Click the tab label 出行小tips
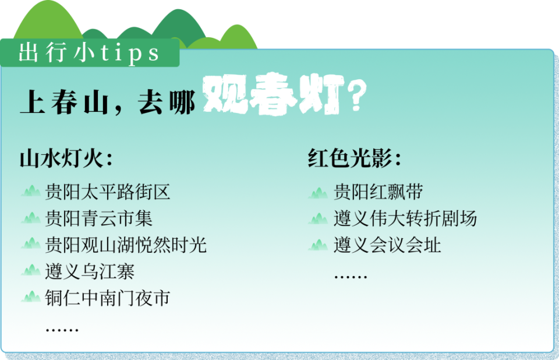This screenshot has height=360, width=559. point(89,54)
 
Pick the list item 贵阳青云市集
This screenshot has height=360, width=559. point(99,218)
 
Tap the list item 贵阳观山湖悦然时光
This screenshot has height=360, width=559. point(126,245)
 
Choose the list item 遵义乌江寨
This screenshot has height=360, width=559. point(90,271)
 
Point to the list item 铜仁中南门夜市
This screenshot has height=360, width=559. point(108,298)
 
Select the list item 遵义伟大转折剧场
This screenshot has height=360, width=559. point(405,218)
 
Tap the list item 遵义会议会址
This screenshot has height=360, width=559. point(387,245)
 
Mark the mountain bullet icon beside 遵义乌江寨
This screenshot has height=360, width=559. point(31,271)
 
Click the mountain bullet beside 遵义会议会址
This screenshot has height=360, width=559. point(319,245)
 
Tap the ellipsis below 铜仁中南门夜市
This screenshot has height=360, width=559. point(62,330)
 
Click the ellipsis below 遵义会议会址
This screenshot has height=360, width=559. point(351,276)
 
